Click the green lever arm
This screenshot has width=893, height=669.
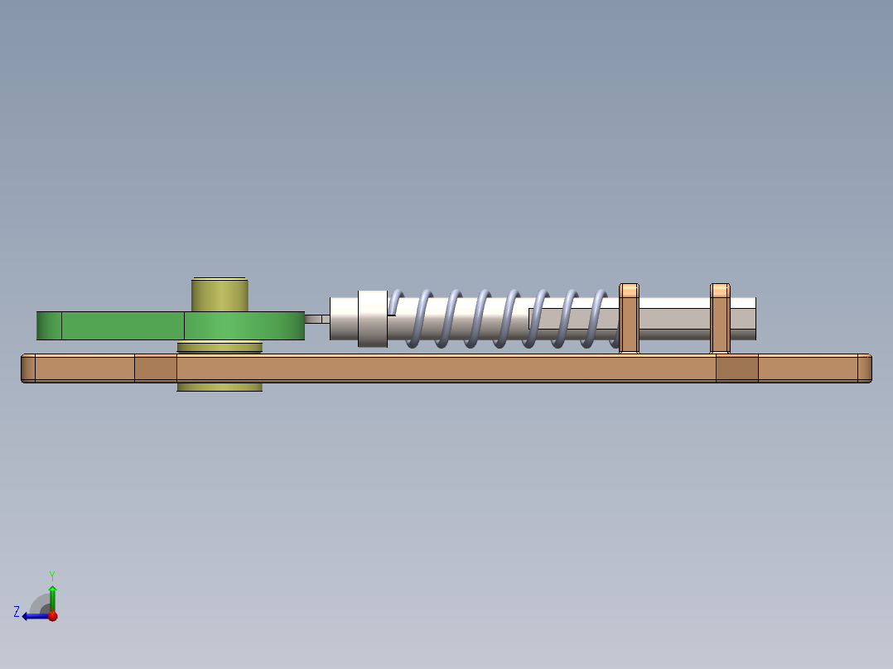point(124,325)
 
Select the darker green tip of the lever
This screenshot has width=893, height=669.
point(49,325)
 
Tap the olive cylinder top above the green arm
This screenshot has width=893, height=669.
point(220,294)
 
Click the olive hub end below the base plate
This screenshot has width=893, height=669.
point(220,387)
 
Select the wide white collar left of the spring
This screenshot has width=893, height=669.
point(373,318)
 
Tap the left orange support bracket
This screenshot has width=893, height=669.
point(630,319)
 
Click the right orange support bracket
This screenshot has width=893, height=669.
point(720,319)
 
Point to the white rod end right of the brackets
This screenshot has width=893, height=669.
point(743,319)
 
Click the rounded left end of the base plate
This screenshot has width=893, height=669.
point(28,368)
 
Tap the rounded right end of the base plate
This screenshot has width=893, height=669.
point(864,368)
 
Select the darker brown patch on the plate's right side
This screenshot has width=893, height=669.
point(736,368)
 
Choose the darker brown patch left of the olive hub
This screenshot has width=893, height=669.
point(155,368)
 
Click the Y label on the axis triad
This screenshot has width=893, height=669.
point(52,575)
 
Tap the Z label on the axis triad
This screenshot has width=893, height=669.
point(17,612)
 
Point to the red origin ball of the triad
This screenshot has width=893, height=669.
point(52,616)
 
